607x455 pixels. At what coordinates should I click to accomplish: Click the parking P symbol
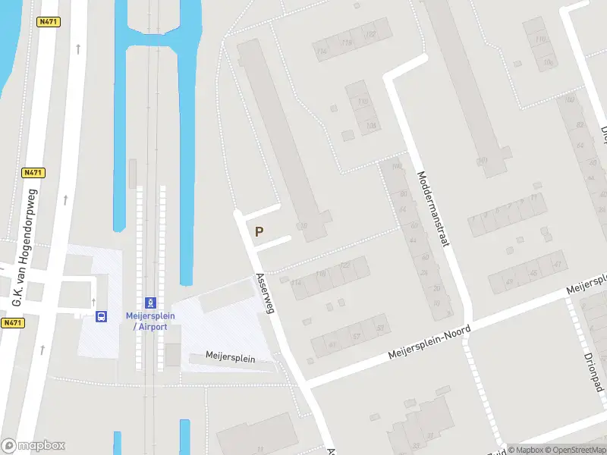point(259,232)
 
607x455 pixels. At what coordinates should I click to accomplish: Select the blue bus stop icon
point(101,316)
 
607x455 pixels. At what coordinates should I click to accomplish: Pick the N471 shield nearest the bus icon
point(12,323)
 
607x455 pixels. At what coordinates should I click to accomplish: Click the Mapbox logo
point(33,445)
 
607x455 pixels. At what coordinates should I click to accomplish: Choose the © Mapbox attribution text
point(525,449)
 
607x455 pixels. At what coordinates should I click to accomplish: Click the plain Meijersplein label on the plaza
point(231,357)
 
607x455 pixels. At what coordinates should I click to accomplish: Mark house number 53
point(380,328)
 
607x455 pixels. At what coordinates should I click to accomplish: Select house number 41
point(557,263)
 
